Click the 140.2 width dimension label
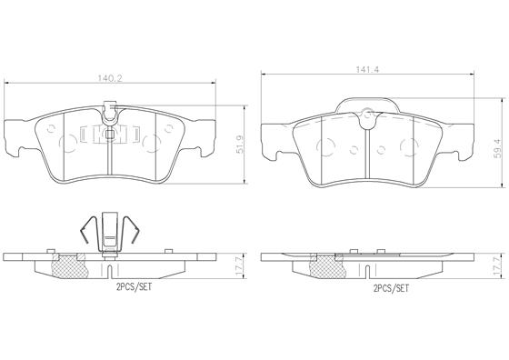click(x=110, y=78)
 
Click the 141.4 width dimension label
click(x=368, y=69)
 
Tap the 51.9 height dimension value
click(x=240, y=145)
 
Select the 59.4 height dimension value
click(x=498, y=149)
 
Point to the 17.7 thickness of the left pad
click(x=240, y=266)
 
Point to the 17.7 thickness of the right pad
click(x=498, y=266)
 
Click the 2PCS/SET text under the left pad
click(x=135, y=287)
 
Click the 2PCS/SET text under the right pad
click(x=391, y=288)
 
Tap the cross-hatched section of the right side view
click(x=326, y=266)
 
